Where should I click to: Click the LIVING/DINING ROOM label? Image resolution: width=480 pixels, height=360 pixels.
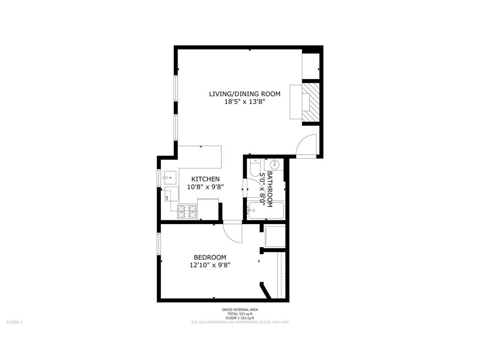coord(244,94)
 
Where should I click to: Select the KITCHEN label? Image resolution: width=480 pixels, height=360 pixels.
coord(206,179)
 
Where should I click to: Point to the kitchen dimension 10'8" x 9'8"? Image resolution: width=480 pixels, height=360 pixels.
coord(206,187)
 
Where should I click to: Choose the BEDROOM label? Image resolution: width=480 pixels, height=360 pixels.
coord(210,257)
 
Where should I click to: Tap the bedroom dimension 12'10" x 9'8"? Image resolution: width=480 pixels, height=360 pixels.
coord(210,265)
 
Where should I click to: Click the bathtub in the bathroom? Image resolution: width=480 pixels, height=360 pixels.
coord(266,210)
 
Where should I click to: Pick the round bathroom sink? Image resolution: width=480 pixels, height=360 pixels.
coord(274,165)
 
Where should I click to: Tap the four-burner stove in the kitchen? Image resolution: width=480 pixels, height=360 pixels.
coord(187,212)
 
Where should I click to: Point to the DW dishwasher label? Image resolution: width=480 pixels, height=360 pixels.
coord(167,198)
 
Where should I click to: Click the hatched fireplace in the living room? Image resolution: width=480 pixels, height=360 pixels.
coord(310,102)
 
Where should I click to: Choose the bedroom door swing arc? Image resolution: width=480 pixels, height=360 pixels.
coord(233,232)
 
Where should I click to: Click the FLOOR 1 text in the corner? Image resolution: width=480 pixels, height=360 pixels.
coord(14,322)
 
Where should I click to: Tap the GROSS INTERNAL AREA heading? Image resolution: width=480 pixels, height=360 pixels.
coord(240,310)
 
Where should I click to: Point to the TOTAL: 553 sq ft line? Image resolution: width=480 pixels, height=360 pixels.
coord(240,314)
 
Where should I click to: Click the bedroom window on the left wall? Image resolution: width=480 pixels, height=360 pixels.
coord(159,243)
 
